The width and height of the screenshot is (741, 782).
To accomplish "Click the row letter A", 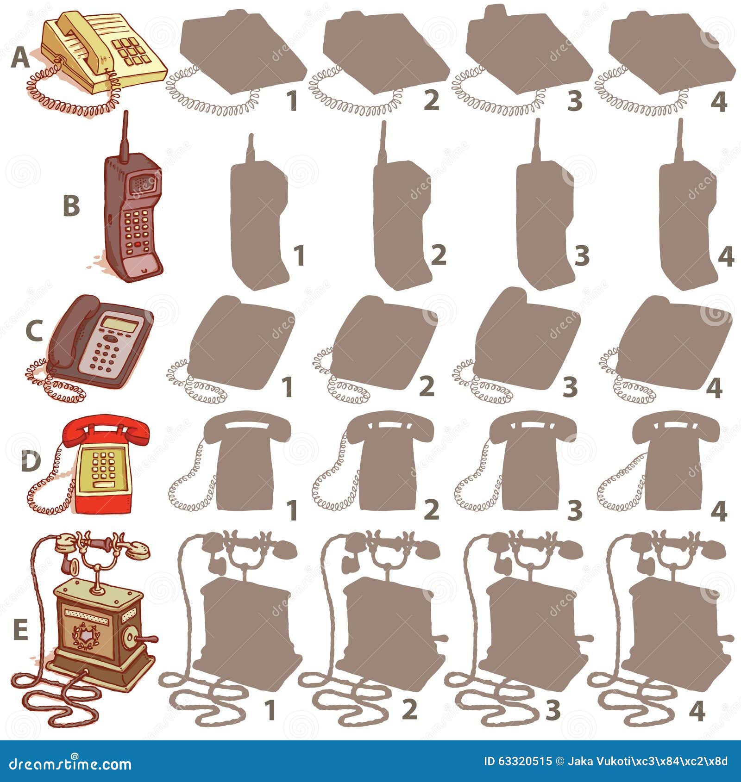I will (x=19, y=59).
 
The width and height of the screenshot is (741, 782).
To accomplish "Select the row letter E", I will (x=20, y=630).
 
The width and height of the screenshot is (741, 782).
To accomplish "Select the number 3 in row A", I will (x=575, y=101).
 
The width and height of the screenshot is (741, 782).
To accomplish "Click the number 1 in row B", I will (x=300, y=256).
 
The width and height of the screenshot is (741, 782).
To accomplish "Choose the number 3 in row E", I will (x=553, y=710).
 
